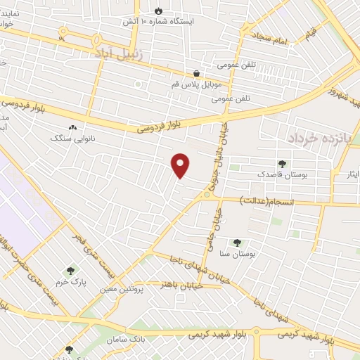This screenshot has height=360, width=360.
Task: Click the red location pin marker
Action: (x=181, y=166)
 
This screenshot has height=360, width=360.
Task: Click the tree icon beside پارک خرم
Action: (x=70, y=270)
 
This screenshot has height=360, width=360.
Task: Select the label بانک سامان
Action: (x=127, y=340)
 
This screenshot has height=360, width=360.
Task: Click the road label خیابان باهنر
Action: (x=177, y=285)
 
